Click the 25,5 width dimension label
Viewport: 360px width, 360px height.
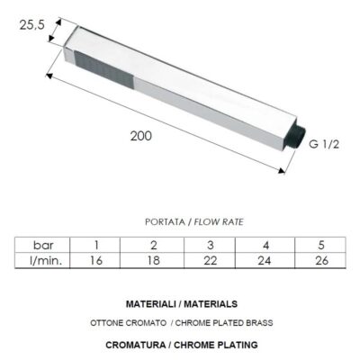pyautogui.click(x=32, y=26)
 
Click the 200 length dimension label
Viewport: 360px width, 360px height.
pyautogui.click(x=140, y=136)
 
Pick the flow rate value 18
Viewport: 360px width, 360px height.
pyautogui.click(x=153, y=260)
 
